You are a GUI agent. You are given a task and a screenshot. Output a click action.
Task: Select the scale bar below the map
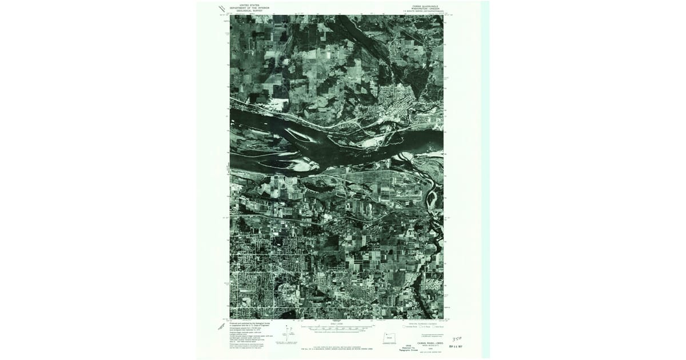337,329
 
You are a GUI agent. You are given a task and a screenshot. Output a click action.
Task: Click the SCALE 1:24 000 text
337,323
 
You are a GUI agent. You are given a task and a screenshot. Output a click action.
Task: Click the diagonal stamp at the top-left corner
222,7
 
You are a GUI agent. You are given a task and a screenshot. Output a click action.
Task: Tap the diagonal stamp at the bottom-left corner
221,326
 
